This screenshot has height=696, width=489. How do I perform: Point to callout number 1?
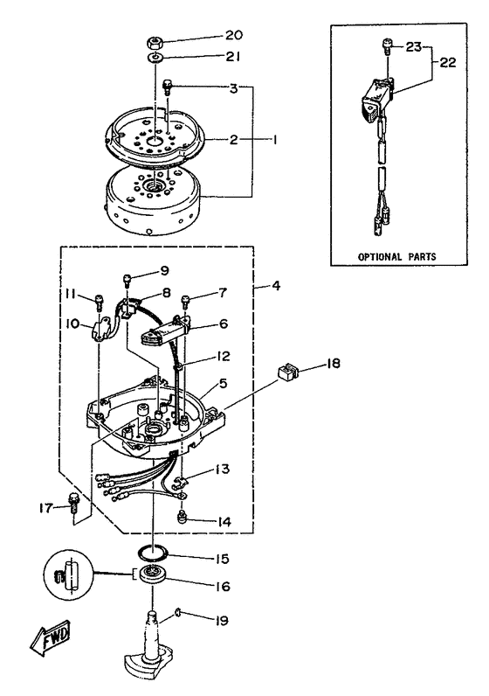click(272, 139)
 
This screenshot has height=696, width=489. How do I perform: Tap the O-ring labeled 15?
click(154, 553)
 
